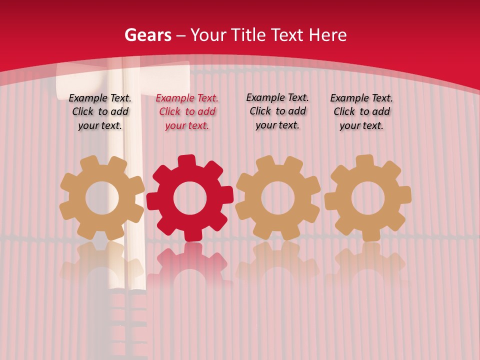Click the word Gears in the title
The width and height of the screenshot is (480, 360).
pyautogui.click(x=147, y=35)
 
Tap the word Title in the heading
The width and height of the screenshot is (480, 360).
pyautogui.click(x=248, y=35)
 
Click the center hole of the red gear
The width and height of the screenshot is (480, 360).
pyautogui.click(x=190, y=198)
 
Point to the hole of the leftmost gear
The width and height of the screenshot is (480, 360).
pyautogui.click(x=102, y=198)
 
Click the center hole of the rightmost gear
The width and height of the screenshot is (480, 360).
pyautogui.click(x=368, y=198)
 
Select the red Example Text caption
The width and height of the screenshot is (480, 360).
pyautogui.click(x=187, y=112)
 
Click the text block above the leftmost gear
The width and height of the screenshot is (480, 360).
pyautogui.click(x=100, y=111)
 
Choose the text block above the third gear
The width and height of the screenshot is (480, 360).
pyautogui.click(x=277, y=111)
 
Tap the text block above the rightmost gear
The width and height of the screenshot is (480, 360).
pyautogui.click(x=361, y=111)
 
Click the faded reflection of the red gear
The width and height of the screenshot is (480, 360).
pyautogui.click(x=190, y=265)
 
